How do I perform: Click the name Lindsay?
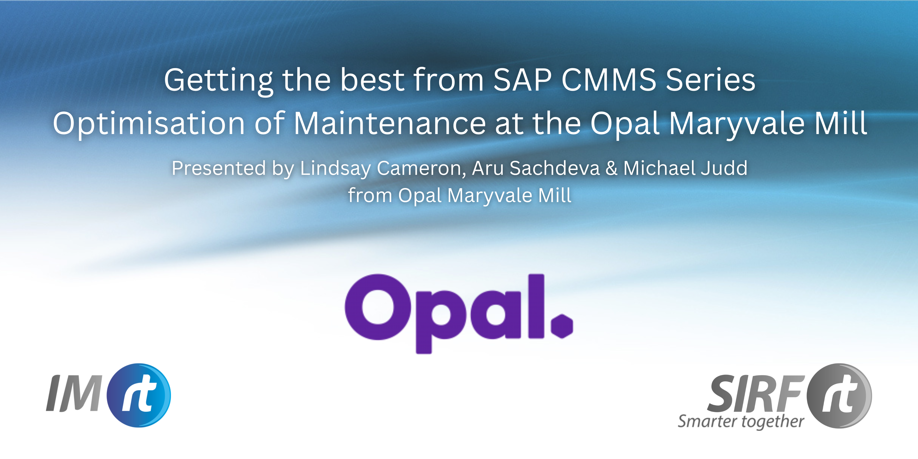pos(335,169)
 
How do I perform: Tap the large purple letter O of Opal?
pos(378,307)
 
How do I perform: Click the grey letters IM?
pos(74,393)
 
